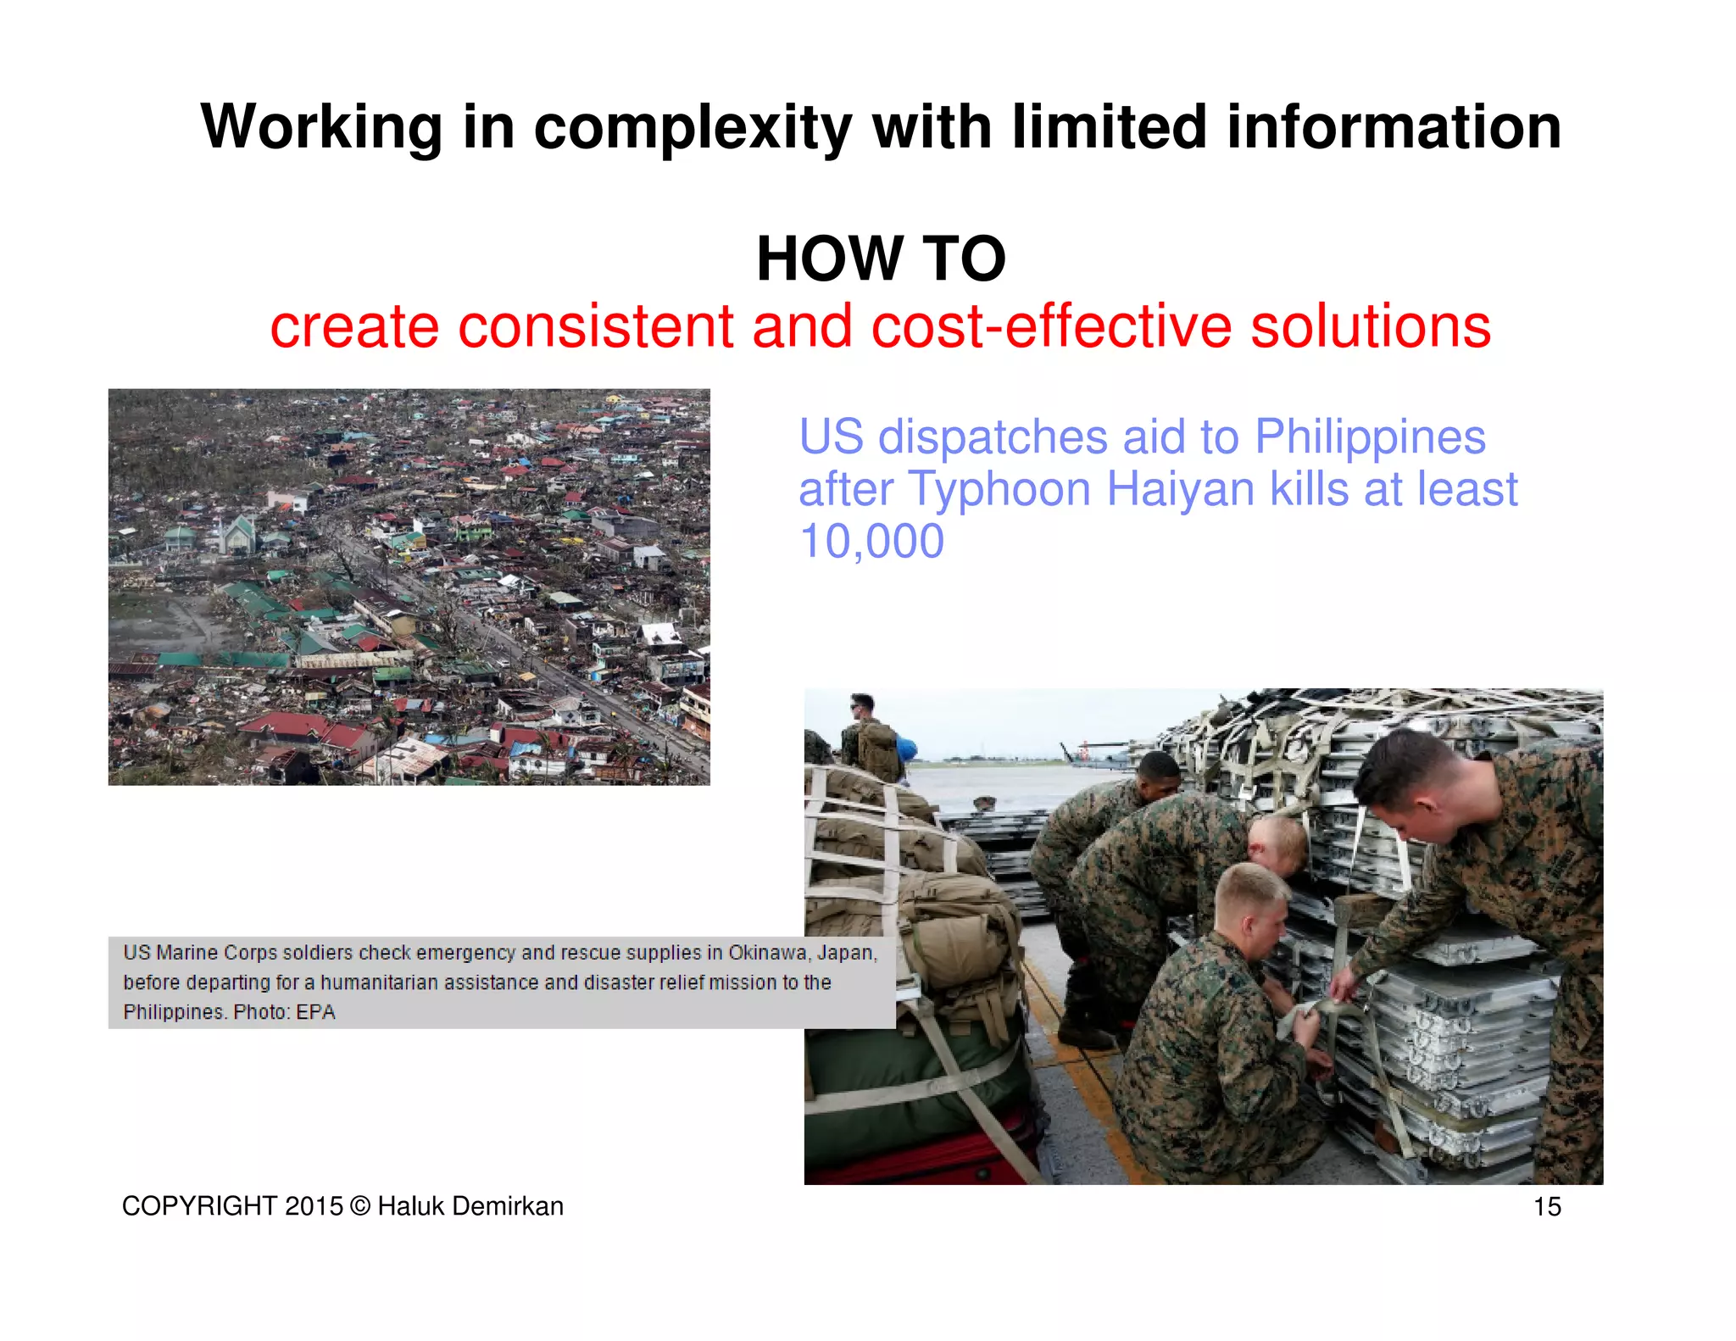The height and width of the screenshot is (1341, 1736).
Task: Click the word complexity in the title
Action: tap(692, 128)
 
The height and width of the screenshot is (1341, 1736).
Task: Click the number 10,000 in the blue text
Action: tap(871, 542)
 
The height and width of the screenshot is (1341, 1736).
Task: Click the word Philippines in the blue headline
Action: tap(1370, 437)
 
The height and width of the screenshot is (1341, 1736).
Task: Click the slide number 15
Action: tap(1547, 1206)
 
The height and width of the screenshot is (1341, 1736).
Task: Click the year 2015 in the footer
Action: tap(314, 1206)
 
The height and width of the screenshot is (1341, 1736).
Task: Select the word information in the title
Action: tap(1394, 128)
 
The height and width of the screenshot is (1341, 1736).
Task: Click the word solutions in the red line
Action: tap(1370, 327)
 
